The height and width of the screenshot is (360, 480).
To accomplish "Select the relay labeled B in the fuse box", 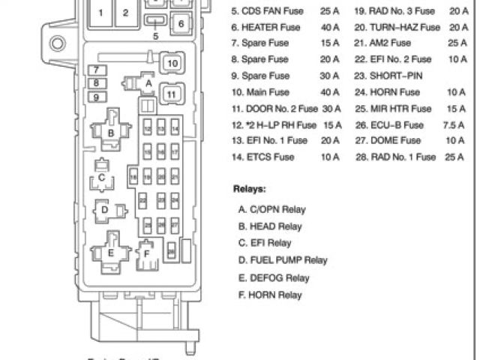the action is click(111, 133).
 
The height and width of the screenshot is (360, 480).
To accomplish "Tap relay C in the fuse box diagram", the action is click(100, 178).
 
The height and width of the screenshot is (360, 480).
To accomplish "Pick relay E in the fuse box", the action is click(110, 253).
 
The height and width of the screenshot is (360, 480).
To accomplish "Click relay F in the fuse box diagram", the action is click(147, 253).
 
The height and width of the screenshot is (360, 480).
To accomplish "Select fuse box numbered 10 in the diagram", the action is click(172, 64).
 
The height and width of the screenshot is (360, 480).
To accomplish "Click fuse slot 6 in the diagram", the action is click(181, 23).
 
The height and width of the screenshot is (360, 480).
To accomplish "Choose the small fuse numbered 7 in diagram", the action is click(96, 70).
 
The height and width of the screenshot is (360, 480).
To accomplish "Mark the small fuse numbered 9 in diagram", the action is click(96, 97).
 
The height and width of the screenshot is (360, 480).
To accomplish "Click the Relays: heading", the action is click(249, 190).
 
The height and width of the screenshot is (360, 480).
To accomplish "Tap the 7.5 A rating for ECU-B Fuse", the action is click(451, 124).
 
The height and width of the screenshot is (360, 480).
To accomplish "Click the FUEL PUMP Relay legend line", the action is click(283, 260).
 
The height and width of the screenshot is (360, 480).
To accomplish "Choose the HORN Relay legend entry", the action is click(270, 295).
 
